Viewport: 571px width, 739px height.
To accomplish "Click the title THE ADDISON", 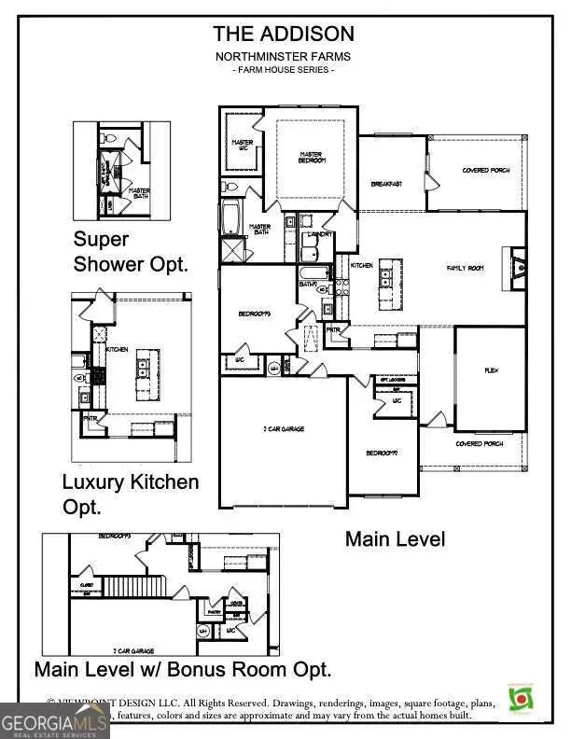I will (x=284, y=35).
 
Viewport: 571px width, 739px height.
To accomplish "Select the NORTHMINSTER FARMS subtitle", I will (x=284, y=56).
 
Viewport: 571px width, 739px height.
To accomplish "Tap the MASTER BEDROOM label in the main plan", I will (x=312, y=158).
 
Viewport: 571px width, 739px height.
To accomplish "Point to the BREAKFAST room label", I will (x=385, y=184).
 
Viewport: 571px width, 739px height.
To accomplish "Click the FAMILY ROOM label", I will (x=465, y=268).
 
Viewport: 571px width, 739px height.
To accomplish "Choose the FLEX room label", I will (x=491, y=370).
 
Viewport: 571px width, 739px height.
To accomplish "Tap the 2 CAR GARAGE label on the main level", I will (x=283, y=429).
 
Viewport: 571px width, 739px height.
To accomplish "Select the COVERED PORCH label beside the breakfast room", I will (x=484, y=170).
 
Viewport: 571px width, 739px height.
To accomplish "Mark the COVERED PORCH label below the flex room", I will (x=480, y=444).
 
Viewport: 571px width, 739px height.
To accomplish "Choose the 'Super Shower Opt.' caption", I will (x=131, y=251).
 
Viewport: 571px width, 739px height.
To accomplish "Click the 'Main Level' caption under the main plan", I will (x=395, y=538).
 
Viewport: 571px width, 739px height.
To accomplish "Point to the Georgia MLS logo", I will (x=54, y=720).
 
